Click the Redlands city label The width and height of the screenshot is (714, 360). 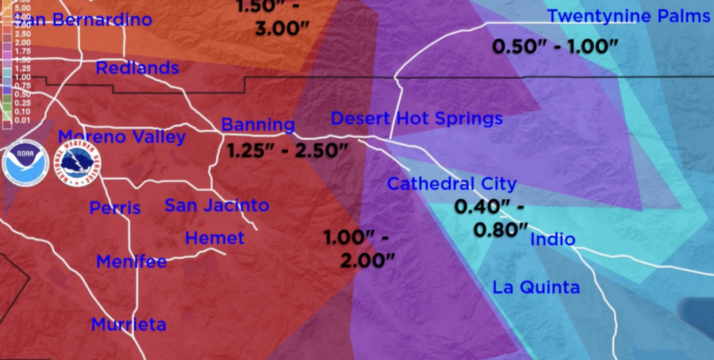[x=137, y=68]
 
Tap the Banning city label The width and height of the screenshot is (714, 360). [x=258, y=126]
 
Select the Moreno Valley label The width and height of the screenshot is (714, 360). [x=122, y=137]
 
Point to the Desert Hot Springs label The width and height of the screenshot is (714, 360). [x=416, y=119]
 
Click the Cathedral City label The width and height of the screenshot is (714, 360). [x=452, y=184]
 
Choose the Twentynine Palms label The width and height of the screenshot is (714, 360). [x=628, y=17]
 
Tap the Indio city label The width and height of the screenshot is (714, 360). [x=553, y=240]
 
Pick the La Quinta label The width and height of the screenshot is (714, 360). [x=535, y=287]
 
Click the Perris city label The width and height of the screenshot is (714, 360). [x=115, y=208]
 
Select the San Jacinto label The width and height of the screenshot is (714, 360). [x=216, y=205]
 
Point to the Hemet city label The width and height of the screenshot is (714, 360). [x=215, y=238]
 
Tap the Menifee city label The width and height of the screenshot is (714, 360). [x=131, y=262]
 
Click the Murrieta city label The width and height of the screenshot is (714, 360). [x=128, y=324]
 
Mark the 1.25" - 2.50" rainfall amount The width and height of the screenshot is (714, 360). [x=287, y=149]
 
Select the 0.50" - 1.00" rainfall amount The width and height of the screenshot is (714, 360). [x=555, y=46]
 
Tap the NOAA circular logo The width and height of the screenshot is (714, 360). [x=24, y=165]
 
